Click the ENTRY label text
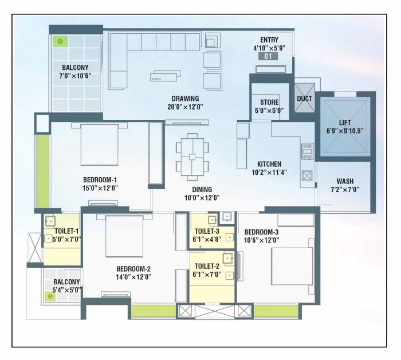[x=269, y=40]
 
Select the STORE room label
[x=269, y=102]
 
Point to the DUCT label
[x=304, y=99]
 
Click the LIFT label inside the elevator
[x=345, y=123]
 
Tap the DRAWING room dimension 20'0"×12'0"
[x=186, y=106]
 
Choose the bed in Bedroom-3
[x=292, y=267]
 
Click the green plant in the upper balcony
[x=60, y=41]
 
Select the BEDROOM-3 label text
[x=261, y=232]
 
